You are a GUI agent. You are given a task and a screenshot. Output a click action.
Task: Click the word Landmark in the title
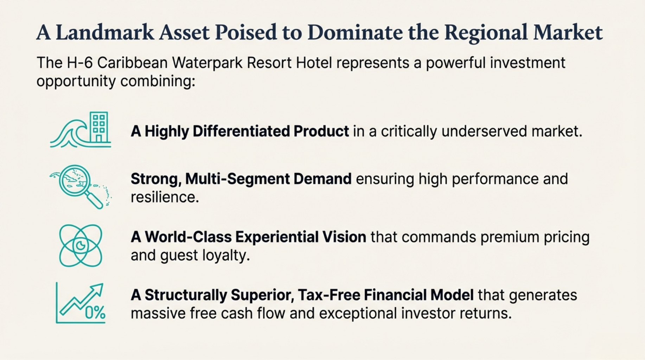(105, 32)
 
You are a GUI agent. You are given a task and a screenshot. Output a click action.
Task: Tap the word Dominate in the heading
(355, 32)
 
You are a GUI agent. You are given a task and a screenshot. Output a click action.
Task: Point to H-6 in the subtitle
(79, 63)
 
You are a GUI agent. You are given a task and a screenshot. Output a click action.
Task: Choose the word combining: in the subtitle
(158, 81)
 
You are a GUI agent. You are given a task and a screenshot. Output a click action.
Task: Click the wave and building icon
(81, 129)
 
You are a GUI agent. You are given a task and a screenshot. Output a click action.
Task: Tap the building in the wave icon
(99, 127)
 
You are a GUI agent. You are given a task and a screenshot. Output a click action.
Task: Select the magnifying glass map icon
(81, 187)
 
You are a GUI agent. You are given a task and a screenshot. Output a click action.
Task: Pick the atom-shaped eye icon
(81, 245)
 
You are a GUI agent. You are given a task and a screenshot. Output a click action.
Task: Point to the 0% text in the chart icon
(95, 313)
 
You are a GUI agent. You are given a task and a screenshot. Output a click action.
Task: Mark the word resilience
(165, 197)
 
